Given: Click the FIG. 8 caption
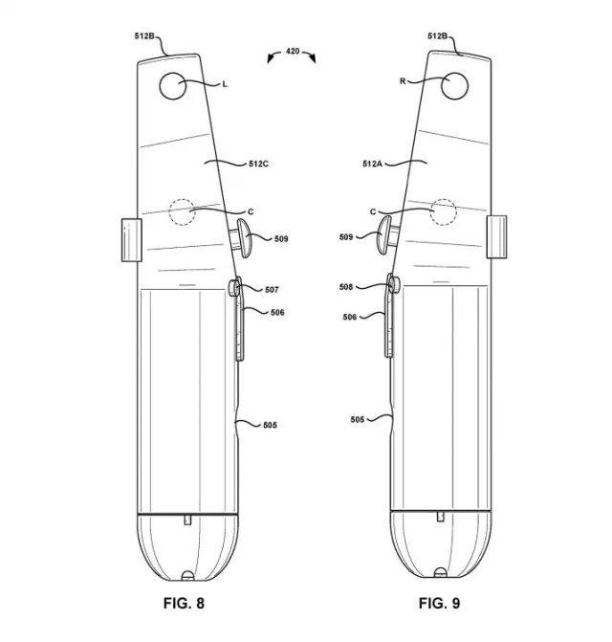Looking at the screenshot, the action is point(184,603).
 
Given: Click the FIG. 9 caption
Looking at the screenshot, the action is point(439,603).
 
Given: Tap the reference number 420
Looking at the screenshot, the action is point(293,51).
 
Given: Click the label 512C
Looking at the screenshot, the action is point(258,164).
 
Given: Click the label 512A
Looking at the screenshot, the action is point(372,164).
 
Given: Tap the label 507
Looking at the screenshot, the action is point(272,290).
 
